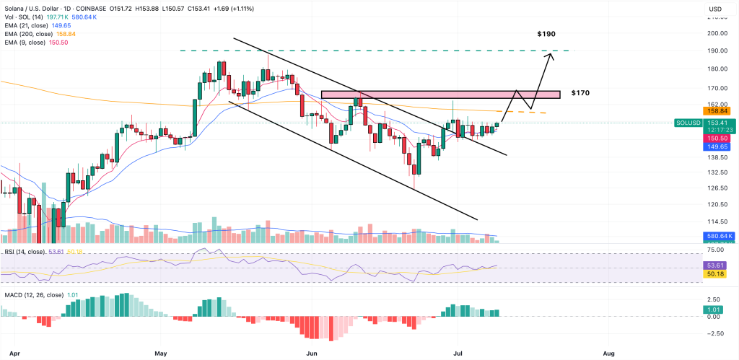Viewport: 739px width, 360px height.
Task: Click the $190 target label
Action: coord(546,34)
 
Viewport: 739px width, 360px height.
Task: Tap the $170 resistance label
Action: coord(581,93)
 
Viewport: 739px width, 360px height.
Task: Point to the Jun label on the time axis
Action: coord(312,354)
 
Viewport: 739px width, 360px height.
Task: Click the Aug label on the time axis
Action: coord(608,354)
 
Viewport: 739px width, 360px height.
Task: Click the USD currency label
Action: coord(716,9)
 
